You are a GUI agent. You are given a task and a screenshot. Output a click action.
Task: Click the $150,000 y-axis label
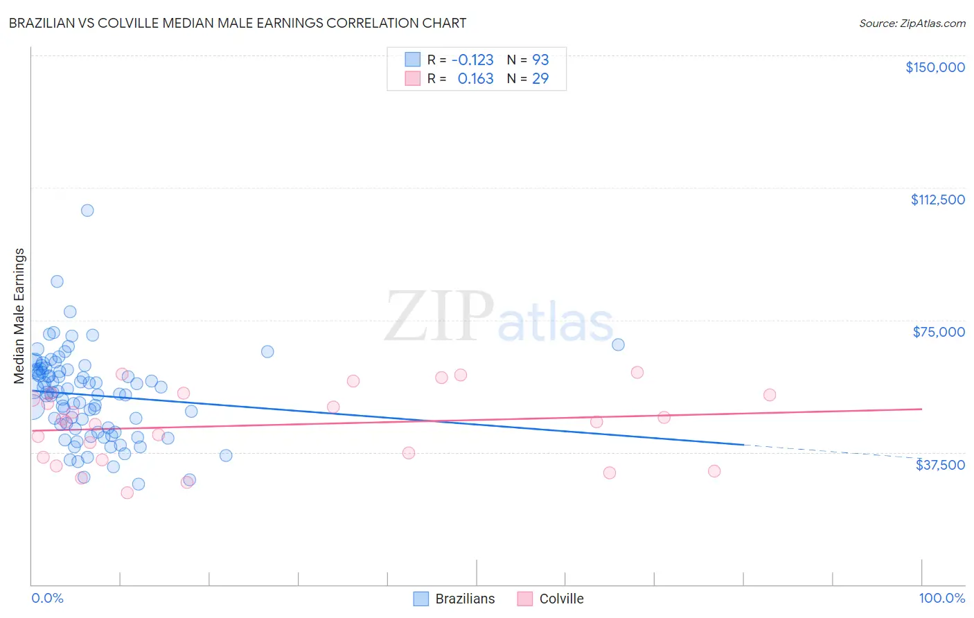pyautogui.click(x=935, y=67)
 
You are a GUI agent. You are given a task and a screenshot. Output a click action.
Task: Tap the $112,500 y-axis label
pyautogui.click(x=937, y=200)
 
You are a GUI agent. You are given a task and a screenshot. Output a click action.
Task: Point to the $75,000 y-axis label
pyautogui.click(x=939, y=332)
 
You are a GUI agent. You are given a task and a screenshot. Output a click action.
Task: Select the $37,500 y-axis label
pyautogui.click(x=940, y=465)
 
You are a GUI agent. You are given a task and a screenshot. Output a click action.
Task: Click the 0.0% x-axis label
pyautogui.click(x=47, y=598)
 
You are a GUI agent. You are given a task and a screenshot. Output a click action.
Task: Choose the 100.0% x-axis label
pyautogui.click(x=941, y=598)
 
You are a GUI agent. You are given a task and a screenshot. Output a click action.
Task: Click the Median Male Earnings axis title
pyautogui.click(x=19, y=316)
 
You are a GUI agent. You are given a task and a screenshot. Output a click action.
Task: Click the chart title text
pyautogui.click(x=238, y=23)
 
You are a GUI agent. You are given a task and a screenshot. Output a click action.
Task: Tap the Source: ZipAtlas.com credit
pyautogui.click(x=912, y=23)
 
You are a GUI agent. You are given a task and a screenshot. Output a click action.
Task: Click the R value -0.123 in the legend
pyautogui.click(x=472, y=60)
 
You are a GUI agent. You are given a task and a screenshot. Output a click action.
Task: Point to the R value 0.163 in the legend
pyautogui.click(x=475, y=78)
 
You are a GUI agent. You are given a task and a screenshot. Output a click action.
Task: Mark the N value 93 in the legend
pyautogui.click(x=540, y=60)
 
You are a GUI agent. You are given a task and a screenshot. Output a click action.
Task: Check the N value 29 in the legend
pyautogui.click(x=540, y=78)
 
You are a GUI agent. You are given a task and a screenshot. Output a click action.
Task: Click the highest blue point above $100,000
pyautogui.click(x=87, y=211)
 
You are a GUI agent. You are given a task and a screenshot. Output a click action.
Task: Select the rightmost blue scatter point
pyautogui.click(x=618, y=344)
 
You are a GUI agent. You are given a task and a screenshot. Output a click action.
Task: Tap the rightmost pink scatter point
pyautogui.click(x=769, y=395)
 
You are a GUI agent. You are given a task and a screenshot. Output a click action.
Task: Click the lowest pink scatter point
pyautogui.click(x=127, y=493)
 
